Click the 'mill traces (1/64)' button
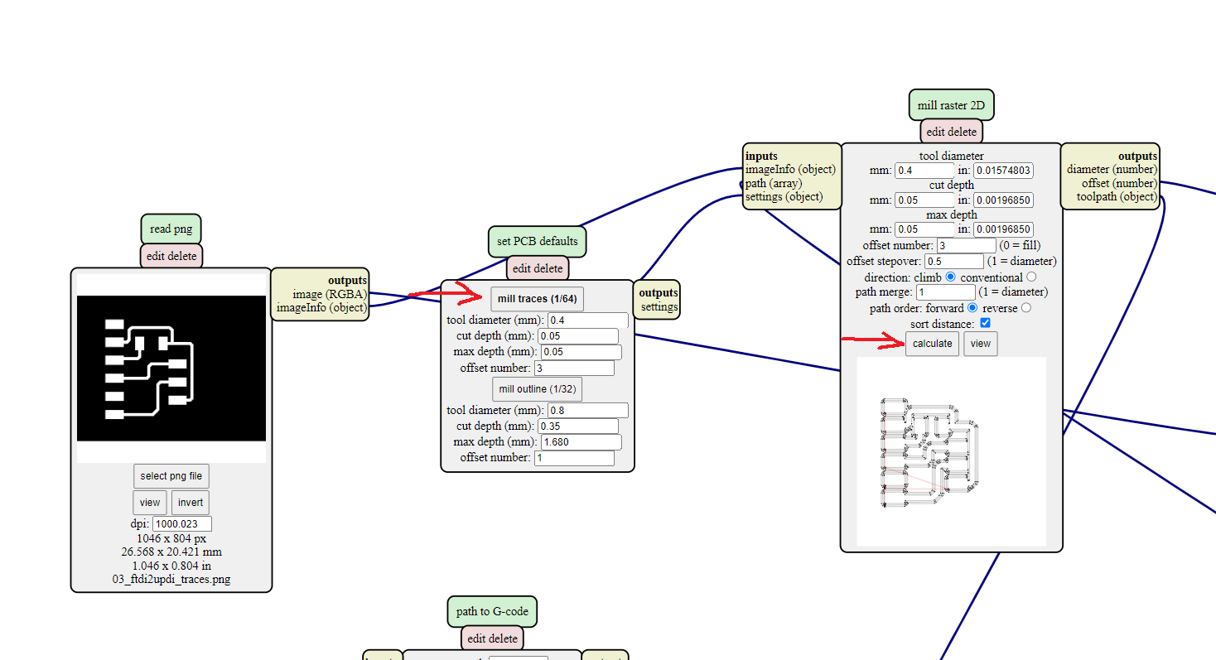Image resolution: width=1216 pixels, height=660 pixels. point(537,299)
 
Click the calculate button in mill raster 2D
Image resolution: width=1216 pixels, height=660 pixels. point(932,344)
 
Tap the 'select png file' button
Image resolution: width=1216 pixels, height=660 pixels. point(171,476)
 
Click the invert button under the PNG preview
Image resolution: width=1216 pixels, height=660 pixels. point(190,503)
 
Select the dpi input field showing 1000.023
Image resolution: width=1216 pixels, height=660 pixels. point(182,523)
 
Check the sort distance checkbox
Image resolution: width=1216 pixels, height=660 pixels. point(985,323)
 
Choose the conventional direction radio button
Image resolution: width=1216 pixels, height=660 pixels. point(1031,277)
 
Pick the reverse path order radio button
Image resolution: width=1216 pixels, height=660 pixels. point(1026,308)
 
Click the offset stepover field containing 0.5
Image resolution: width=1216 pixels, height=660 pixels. point(953,261)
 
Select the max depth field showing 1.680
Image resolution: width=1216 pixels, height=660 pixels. point(581,442)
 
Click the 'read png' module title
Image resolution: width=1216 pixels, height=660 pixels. point(171,229)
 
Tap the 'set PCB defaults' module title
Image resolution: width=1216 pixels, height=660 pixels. point(538,241)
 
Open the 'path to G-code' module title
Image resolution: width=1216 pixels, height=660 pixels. point(492,611)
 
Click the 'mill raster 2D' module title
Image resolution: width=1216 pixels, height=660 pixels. point(951,105)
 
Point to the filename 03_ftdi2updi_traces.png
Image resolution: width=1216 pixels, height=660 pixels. point(171,579)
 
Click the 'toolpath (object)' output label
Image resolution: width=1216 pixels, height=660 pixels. point(1116,196)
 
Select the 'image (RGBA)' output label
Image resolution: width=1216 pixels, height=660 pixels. point(330,294)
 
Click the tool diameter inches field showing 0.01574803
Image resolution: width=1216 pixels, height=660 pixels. point(1003,171)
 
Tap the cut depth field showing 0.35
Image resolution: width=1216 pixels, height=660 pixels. point(577,426)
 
